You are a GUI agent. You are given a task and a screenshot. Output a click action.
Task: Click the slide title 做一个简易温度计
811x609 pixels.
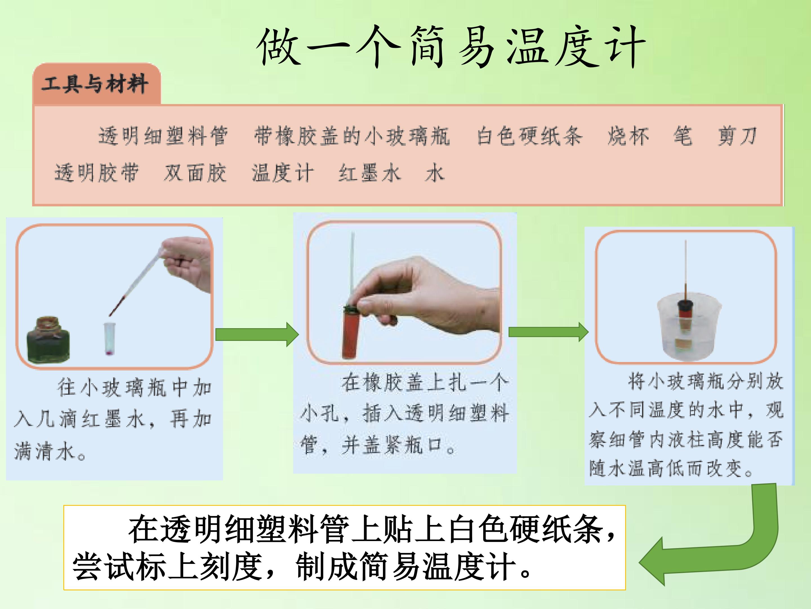point(451,47)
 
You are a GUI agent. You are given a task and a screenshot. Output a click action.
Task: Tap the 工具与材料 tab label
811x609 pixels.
point(95,83)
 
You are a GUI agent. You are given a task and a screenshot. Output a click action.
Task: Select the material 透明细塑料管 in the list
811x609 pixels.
point(163,136)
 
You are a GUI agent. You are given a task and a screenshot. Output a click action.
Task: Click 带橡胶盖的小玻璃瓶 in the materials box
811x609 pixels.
point(352,136)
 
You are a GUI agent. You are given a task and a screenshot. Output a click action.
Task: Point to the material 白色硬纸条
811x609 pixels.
point(529,136)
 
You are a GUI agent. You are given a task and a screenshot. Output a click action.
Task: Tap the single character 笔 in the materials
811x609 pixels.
point(683,136)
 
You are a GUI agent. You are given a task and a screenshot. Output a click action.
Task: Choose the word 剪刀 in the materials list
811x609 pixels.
point(737,136)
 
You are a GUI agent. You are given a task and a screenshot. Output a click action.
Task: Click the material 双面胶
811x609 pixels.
point(195,173)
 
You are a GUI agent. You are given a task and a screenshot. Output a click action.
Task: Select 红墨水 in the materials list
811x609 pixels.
point(369,173)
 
